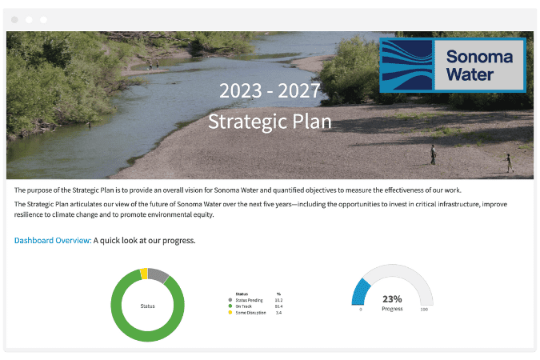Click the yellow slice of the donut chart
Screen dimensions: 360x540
click(144, 274)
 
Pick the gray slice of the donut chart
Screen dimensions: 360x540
click(158, 276)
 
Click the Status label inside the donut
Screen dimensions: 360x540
click(147, 305)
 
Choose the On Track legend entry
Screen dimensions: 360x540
click(245, 306)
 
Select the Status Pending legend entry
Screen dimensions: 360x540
click(249, 300)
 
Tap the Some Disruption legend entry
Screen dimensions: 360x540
click(250, 312)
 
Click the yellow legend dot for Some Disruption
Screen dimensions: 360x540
click(230, 312)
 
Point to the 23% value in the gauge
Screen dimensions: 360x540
click(392, 298)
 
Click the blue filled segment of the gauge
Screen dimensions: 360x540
click(360, 290)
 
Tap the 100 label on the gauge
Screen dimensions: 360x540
click(423, 309)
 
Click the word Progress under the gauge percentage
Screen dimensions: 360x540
click(392, 307)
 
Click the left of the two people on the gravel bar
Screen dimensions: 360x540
click(433, 154)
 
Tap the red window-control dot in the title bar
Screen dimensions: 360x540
click(14, 18)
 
